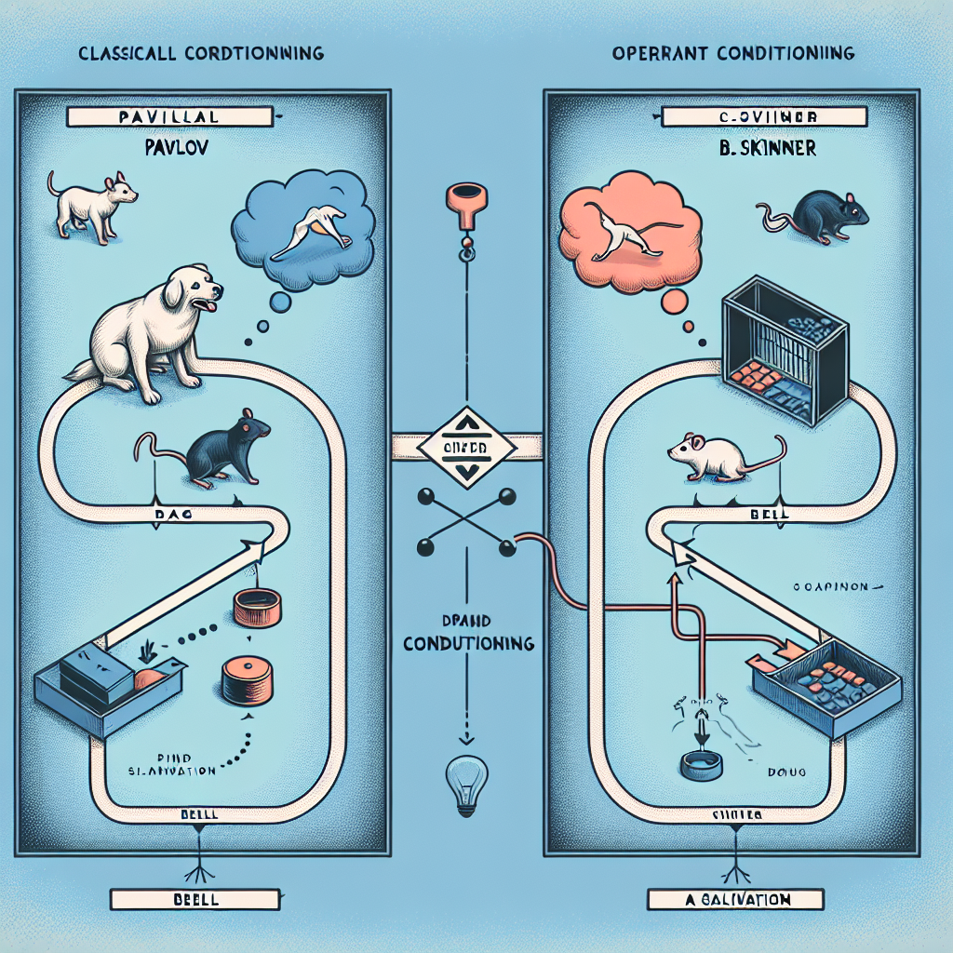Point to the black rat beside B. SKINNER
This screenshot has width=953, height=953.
(x=819, y=219)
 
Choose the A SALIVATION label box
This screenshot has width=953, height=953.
(x=735, y=900)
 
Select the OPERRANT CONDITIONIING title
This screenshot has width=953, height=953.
(x=733, y=54)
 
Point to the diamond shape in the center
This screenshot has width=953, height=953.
(x=465, y=448)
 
